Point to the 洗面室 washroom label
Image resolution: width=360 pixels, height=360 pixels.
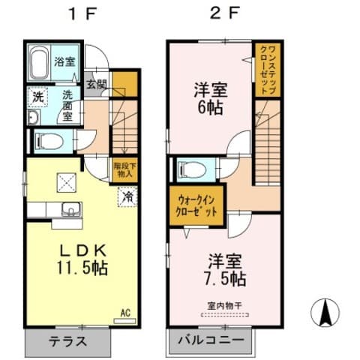click(67, 101)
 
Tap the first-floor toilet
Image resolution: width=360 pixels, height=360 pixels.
click(49, 139)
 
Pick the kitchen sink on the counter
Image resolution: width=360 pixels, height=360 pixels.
click(69, 208)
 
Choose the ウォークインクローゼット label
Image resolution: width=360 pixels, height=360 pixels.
click(198, 205)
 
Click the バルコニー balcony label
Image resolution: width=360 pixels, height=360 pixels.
click(211, 340)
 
